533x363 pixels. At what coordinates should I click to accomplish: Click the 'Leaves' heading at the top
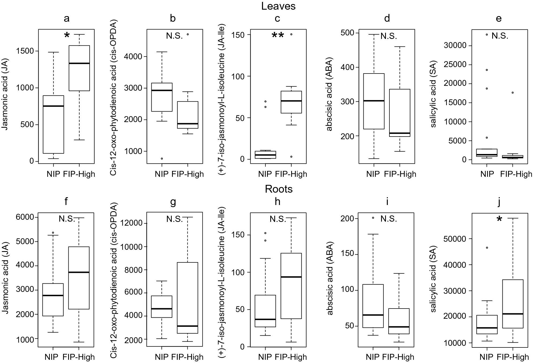click(x=278, y=6)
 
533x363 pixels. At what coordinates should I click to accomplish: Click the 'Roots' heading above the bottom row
click(x=279, y=189)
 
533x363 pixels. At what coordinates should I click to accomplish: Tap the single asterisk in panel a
click(x=67, y=36)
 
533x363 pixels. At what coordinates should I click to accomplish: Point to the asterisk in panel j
click(x=499, y=219)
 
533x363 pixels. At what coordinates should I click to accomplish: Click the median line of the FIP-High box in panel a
click(x=79, y=63)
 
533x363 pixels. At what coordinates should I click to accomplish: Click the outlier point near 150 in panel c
click(x=291, y=34)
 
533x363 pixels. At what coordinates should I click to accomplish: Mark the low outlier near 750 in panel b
click(x=162, y=159)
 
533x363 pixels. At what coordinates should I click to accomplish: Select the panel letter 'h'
click(x=278, y=201)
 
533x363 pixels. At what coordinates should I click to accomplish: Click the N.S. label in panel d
click(x=389, y=36)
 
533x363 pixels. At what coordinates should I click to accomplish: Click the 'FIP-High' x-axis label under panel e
click(x=516, y=174)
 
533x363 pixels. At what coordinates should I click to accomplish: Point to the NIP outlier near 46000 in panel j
click(x=487, y=248)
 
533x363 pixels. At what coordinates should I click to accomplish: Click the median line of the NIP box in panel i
click(x=373, y=315)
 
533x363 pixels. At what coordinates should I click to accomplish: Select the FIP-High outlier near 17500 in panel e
click(x=513, y=93)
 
